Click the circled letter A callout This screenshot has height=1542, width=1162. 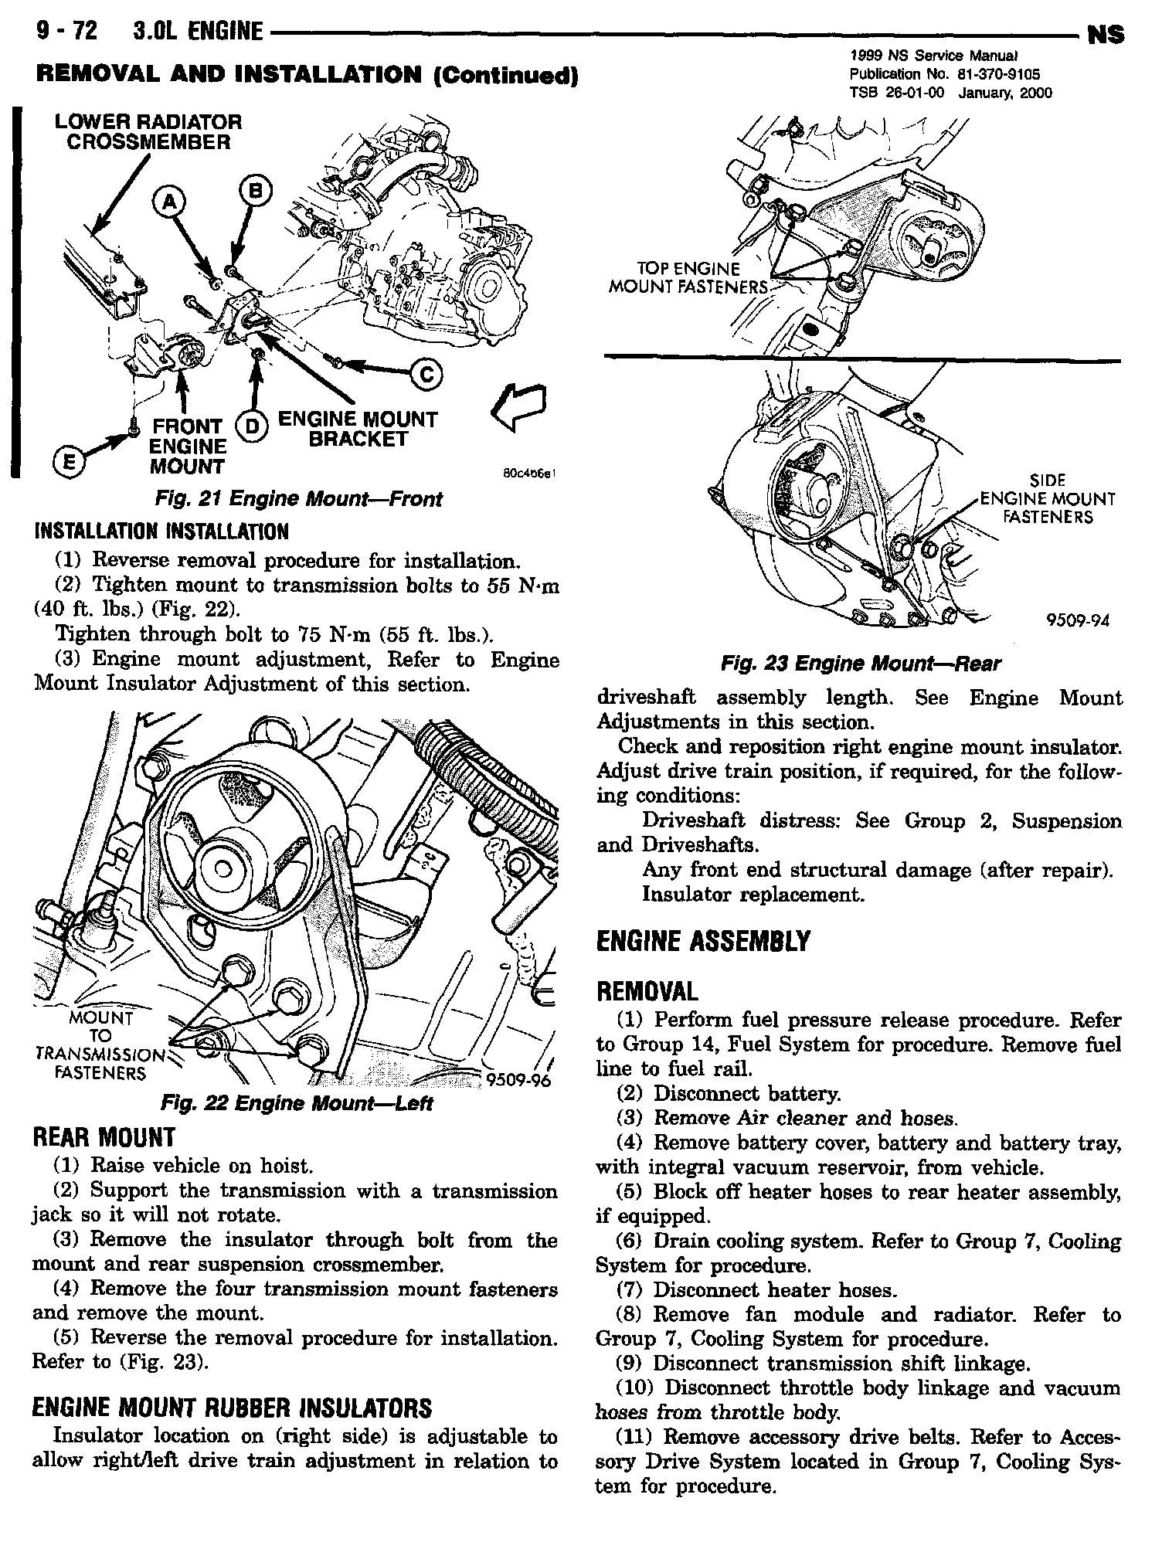(170, 202)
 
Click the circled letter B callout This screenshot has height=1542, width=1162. (255, 188)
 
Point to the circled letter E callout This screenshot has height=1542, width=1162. (65, 460)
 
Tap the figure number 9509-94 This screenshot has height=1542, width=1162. (1077, 620)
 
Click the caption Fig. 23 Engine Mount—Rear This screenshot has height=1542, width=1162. (859, 664)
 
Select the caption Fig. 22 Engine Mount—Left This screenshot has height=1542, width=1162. (295, 1103)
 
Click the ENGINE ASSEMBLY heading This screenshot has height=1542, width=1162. (703, 941)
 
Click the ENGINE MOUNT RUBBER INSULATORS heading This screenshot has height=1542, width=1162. (232, 1408)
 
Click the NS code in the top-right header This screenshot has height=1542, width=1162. (1105, 35)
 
